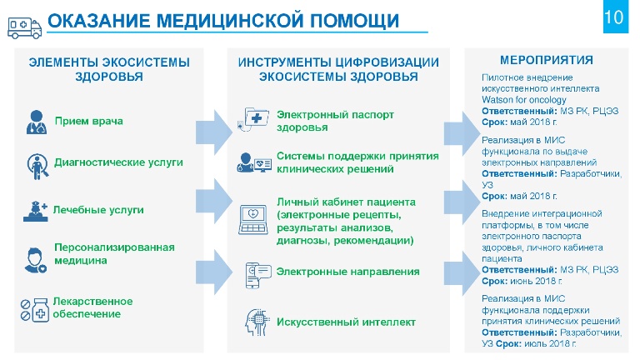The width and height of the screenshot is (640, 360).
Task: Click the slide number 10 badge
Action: (616, 17)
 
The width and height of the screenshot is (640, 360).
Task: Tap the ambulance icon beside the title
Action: (24, 27)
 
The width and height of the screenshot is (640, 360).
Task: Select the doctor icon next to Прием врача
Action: (37, 122)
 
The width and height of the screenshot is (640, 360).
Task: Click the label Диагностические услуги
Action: (119, 162)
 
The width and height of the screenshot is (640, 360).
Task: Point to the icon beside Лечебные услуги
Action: (36, 211)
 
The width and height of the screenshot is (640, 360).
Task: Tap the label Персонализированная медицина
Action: (114, 254)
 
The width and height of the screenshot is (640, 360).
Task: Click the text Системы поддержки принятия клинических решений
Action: (357, 162)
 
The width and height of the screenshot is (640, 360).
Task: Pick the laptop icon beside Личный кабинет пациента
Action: (253, 220)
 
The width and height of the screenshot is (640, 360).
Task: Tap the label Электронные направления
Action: (347, 272)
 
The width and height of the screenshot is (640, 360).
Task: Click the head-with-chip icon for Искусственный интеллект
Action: (257, 322)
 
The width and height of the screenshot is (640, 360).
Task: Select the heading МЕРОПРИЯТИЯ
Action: (547, 60)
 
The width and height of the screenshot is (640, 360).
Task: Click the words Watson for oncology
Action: (523, 100)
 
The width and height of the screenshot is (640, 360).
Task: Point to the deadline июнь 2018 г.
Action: (536, 281)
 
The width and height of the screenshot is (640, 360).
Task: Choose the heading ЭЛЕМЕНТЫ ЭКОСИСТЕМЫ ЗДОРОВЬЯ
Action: (109, 69)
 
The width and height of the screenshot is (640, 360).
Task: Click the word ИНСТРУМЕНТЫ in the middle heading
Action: (286, 62)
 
